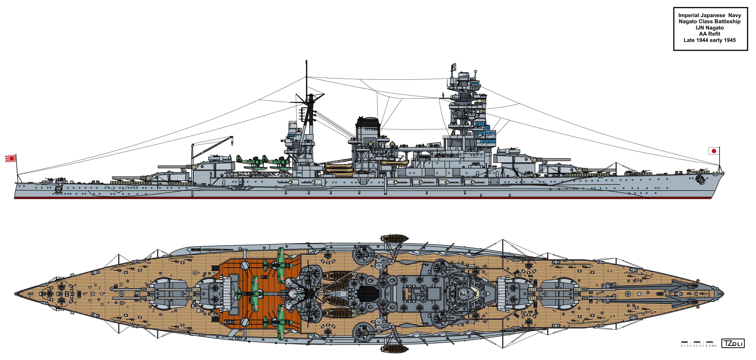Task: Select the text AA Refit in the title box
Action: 710,34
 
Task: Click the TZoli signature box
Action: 733,343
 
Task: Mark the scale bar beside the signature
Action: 698,343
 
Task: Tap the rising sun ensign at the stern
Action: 11,158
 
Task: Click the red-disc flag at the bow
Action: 714,151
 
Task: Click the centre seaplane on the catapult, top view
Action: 254,293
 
